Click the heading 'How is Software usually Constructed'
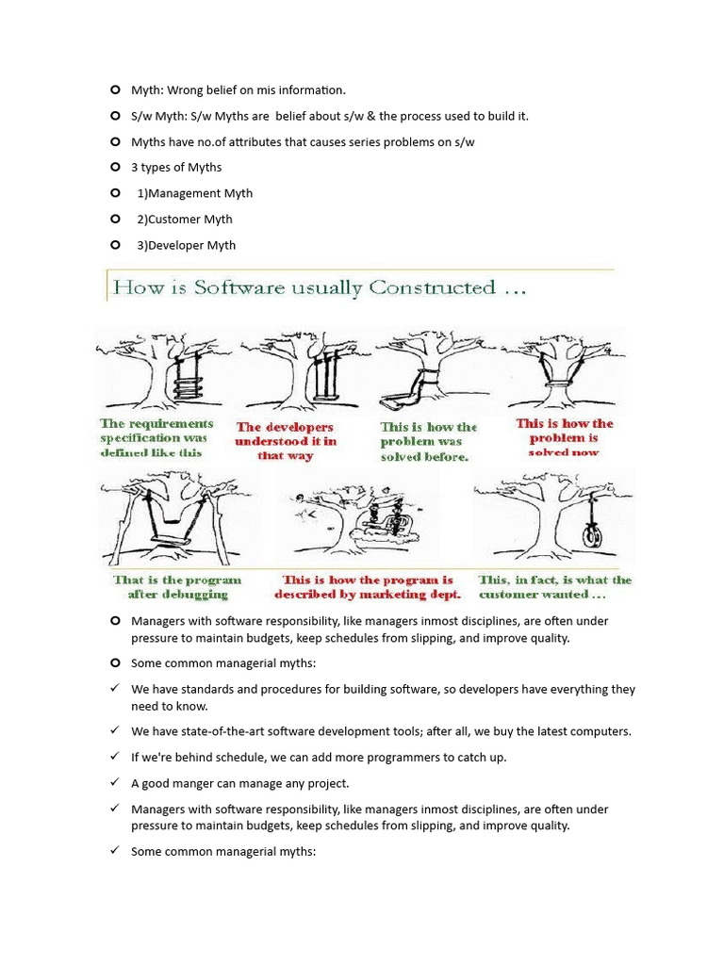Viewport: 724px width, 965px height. pos(319,287)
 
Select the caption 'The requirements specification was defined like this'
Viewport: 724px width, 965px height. pos(156,438)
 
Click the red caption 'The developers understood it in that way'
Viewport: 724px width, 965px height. pos(286,441)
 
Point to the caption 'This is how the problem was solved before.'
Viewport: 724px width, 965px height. pos(428,441)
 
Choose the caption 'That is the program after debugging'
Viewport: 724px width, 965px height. pos(177,587)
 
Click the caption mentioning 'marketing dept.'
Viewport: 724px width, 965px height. pos(368,587)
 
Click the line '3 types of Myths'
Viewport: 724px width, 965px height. pos(176,168)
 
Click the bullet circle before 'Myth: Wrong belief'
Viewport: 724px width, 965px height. pos(115,90)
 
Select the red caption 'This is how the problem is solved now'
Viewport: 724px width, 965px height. pos(564,437)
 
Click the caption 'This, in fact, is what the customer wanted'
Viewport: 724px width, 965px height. pos(554,587)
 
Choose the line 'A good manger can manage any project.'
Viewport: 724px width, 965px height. pos(239,783)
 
